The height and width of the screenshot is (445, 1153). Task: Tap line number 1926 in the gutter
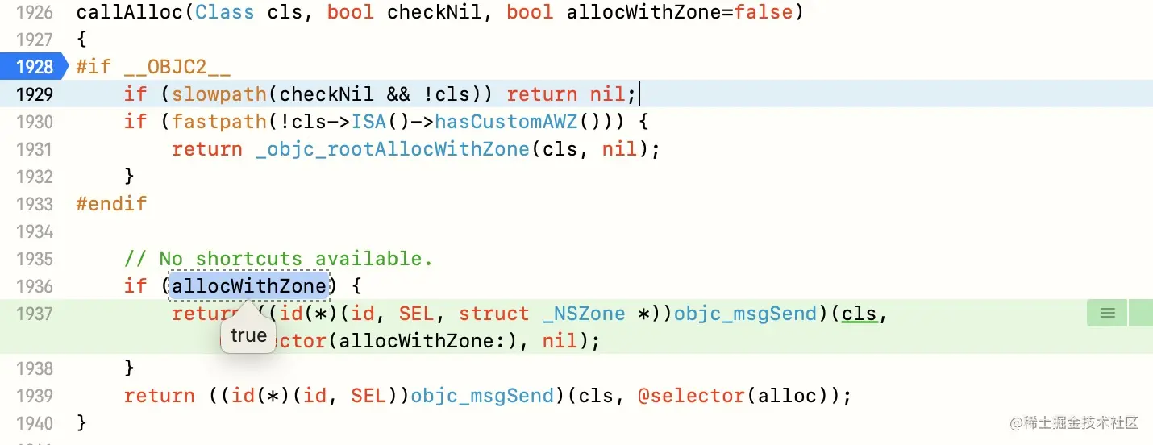coord(34,12)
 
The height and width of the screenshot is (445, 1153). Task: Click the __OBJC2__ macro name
coord(177,66)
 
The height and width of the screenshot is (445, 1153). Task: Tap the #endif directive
coord(111,203)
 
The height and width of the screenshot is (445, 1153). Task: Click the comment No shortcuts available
coord(278,258)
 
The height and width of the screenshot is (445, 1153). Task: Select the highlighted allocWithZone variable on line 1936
coord(249,285)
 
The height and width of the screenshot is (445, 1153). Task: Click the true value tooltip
coord(248,335)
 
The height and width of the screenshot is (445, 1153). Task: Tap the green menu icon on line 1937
coord(1107,313)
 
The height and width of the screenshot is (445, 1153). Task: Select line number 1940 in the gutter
coord(34,422)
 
